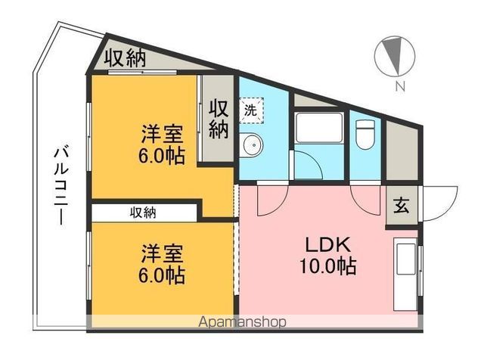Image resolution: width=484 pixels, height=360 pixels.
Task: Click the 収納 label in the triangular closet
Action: click(x=125, y=58)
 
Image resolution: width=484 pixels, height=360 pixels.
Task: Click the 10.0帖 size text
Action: click(x=327, y=267)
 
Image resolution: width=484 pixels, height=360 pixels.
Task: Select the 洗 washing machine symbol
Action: click(x=251, y=109)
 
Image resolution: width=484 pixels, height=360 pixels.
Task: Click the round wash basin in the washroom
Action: click(x=253, y=144)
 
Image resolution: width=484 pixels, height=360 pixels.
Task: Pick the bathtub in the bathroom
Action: click(x=319, y=129)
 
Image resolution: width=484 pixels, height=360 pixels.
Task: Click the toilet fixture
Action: click(x=365, y=134)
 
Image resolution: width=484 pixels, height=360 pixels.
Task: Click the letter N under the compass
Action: click(x=399, y=85)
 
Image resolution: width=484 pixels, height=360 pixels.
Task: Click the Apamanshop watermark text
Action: click(x=241, y=322)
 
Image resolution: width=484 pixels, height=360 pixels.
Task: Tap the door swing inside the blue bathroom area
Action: click(x=310, y=165)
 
